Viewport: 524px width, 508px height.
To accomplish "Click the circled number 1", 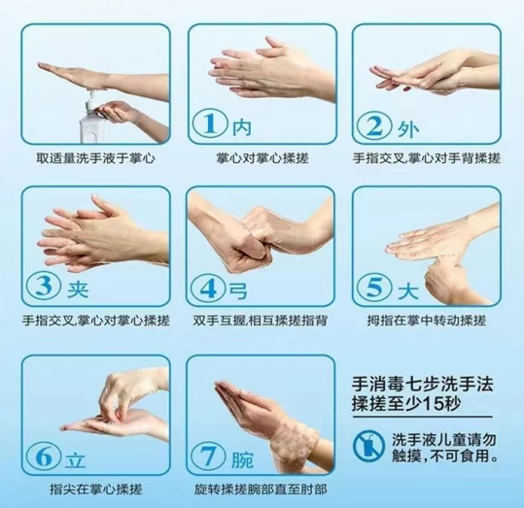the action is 210,124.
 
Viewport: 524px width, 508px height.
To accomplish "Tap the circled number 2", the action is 374,125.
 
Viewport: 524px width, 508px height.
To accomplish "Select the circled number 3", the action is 44,288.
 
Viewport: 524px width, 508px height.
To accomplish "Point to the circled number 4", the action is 209,288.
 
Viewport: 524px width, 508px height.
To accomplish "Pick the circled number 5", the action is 374,288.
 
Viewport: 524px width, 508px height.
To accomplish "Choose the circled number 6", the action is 44,457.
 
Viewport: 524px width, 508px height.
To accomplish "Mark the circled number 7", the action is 209,456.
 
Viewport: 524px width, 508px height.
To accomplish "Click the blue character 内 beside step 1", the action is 242,127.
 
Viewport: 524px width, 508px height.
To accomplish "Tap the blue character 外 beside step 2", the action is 407,128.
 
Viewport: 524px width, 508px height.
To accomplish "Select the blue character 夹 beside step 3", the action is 78,289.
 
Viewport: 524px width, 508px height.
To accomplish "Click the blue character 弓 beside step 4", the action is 239,290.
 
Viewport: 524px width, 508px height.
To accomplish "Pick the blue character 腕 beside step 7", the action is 243,458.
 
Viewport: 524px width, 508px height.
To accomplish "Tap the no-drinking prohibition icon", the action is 368,446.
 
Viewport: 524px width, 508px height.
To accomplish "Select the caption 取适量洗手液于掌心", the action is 96,158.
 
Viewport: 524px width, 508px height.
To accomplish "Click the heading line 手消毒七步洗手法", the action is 422,385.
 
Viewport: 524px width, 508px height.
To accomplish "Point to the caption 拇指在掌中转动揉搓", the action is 427,321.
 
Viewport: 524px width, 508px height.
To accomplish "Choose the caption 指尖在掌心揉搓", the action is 96,490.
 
